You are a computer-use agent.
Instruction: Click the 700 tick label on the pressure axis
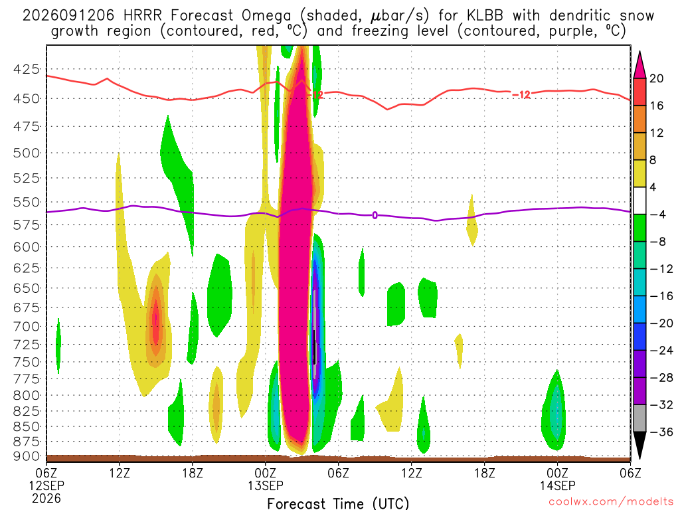(x=26, y=326)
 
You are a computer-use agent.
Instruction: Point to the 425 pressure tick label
(x=26, y=69)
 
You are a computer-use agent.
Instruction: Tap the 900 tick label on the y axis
(x=26, y=456)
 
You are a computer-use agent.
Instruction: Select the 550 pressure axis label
(x=26, y=202)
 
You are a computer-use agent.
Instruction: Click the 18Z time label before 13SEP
(x=193, y=473)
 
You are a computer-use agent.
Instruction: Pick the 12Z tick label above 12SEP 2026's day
(x=120, y=473)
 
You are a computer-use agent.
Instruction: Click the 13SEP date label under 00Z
(x=266, y=485)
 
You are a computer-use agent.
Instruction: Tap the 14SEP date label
(x=557, y=485)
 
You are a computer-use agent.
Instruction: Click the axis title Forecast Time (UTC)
(x=338, y=503)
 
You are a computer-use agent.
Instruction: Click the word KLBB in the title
(x=485, y=16)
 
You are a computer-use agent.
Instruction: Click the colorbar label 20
(x=657, y=78)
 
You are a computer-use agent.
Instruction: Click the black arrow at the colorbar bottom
(x=639, y=446)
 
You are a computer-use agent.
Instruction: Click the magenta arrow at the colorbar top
(x=639, y=65)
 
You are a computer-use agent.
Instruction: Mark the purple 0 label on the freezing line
(x=375, y=215)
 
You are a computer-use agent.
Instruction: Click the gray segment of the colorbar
(x=639, y=418)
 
